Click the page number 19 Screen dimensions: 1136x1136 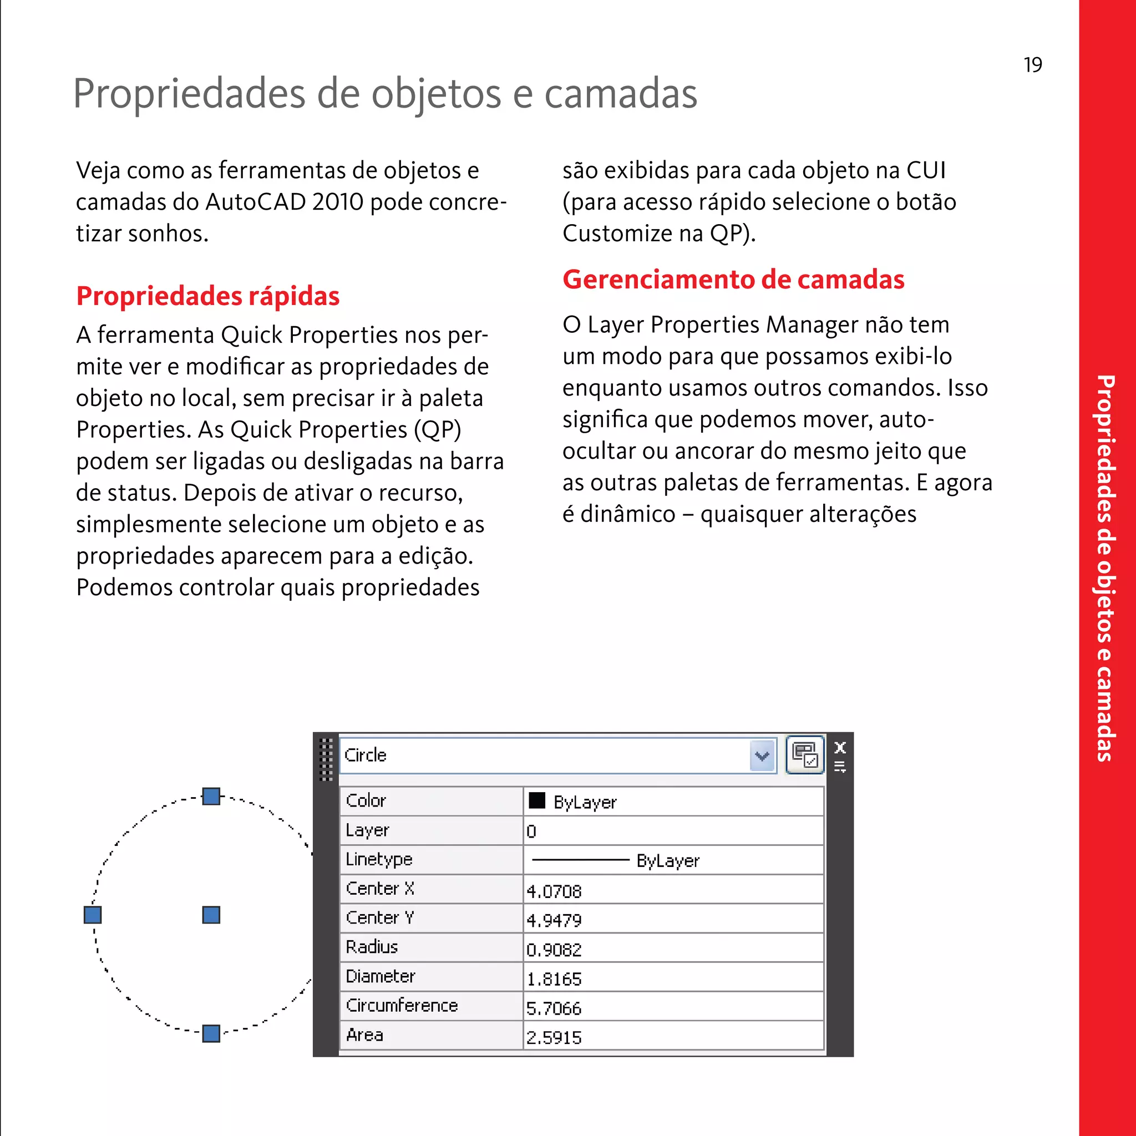(1032, 65)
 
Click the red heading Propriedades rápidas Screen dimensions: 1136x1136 (207, 296)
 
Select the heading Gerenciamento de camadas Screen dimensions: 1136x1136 (733, 280)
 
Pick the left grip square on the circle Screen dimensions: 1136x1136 (93, 915)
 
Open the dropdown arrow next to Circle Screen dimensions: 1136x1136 (762, 755)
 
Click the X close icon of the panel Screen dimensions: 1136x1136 (840, 747)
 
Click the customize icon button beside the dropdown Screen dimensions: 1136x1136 (805, 755)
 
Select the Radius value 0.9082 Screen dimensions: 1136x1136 (554, 950)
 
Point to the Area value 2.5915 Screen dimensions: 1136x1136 (554, 1037)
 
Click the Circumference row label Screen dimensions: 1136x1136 (402, 1006)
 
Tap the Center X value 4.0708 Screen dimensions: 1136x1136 (554, 891)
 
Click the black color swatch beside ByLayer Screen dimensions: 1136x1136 (537, 801)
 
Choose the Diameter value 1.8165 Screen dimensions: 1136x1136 (554, 979)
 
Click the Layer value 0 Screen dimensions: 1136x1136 (531, 831)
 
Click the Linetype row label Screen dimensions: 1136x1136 (379, 859)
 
